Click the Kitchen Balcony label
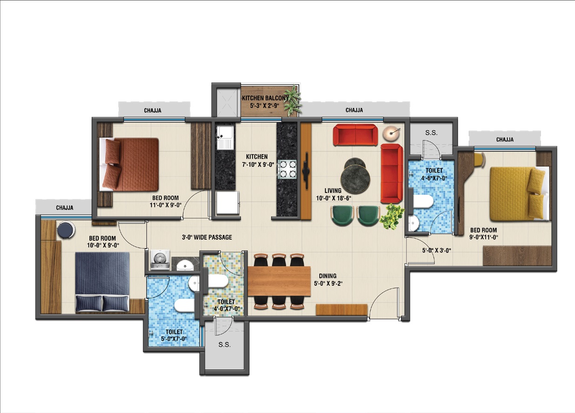(264, 102)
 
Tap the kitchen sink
(225, 137)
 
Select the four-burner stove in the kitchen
(288, 169)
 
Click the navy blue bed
(102, 282)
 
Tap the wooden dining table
(279, 281)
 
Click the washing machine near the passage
(160, 260)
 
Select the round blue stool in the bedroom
(66, 230)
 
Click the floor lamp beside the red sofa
(391, 133)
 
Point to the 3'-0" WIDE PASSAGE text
(207, 237)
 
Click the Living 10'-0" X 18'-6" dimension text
(333, 194)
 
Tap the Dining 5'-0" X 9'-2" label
(328, 280)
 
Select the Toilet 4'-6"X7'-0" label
(434, 174)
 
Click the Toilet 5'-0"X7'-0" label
(174, 335)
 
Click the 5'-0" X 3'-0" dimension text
(437, 250)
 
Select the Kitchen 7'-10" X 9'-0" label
(257, 160)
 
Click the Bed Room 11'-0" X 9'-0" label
(166, 201)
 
